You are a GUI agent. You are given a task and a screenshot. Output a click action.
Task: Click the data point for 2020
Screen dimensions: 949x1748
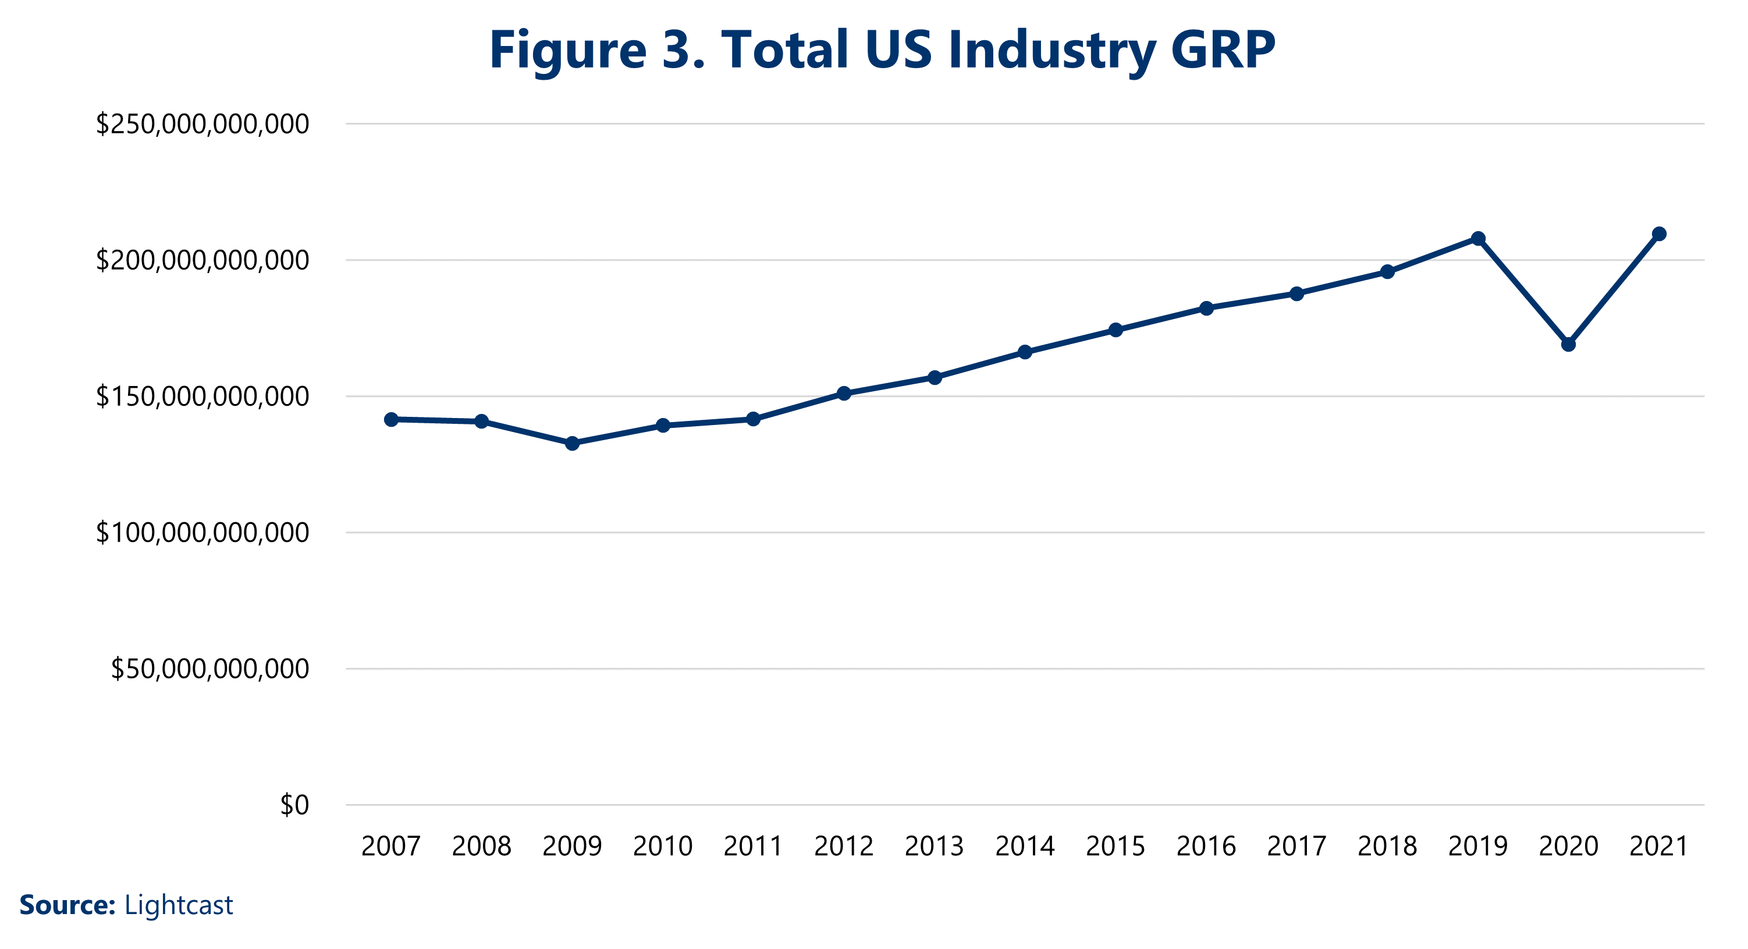point(1568,344)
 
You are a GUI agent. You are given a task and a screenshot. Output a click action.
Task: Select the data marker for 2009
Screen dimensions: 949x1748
point(572,443)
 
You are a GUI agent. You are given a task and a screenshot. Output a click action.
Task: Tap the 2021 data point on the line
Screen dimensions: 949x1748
point(1659,233)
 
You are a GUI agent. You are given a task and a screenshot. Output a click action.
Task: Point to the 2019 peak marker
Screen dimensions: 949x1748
point(1478,238)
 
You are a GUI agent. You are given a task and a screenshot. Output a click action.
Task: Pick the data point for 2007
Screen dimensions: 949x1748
point(391,420)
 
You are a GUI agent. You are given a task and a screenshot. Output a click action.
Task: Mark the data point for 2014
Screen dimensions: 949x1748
point(1025,352)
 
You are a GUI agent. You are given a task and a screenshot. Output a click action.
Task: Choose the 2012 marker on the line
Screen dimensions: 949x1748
point(844,393)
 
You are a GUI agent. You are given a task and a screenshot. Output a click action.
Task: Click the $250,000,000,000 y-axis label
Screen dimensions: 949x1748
point(202,124)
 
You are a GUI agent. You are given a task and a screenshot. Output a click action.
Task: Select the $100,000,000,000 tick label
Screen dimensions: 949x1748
point(202,533)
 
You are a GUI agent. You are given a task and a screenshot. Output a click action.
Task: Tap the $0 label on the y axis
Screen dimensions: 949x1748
point(294,805)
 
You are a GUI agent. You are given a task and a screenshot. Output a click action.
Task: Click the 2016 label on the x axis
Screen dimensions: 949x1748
point(1206,847)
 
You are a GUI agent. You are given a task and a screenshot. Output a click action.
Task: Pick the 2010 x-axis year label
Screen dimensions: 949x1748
point(662,847)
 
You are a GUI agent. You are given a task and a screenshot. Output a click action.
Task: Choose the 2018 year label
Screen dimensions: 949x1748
point(1387,847)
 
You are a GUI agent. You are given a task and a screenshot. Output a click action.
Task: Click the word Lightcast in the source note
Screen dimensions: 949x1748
point(179,905)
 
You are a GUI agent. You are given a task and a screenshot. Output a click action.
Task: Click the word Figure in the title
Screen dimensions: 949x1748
point(568,51)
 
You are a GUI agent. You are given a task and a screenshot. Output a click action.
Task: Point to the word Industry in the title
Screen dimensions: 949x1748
point(1052,51)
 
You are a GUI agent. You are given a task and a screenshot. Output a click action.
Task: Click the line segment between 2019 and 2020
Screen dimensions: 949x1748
point(1523,291)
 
